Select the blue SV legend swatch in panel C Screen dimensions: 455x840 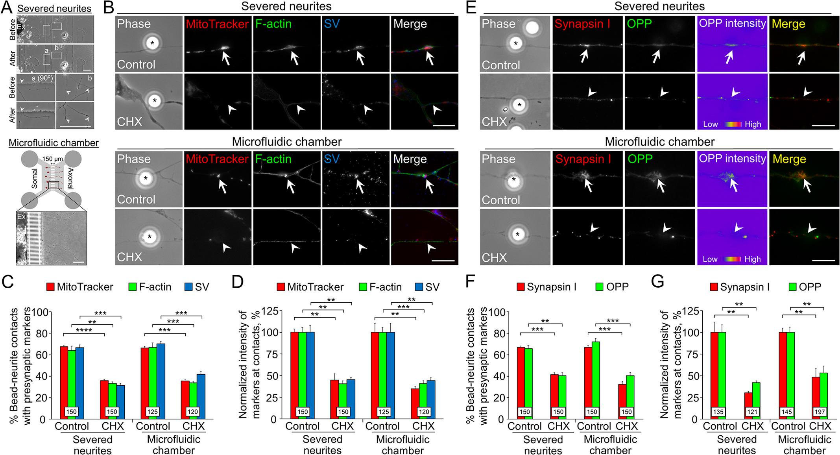coord(188,287)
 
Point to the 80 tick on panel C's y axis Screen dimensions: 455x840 coord(42,333)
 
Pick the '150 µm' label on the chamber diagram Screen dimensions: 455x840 coord(53,159)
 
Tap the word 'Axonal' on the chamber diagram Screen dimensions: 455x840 coord(70,179)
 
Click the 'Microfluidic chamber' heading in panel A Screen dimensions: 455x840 coord(54,143)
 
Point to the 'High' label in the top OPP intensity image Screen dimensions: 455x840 coord(753,124)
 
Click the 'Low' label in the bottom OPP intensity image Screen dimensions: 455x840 coord(710,259)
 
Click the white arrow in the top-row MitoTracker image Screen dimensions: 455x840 coord(226,58)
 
